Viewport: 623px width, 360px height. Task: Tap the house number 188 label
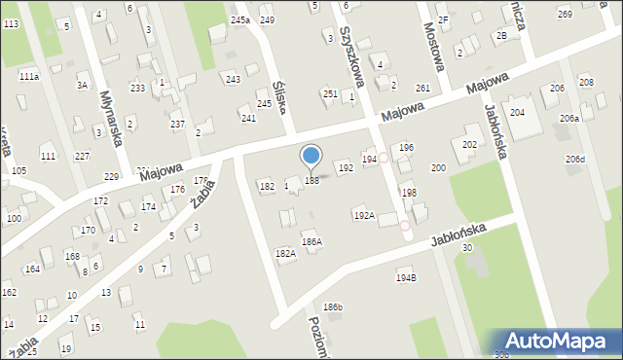(x=311, y=180)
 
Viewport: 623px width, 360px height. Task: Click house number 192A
(x=364, y=215)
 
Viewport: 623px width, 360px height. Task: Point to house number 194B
(x=406, y=278)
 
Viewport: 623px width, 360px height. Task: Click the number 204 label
(x=518, y=113)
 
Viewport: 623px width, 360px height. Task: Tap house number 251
(x=330, y=93)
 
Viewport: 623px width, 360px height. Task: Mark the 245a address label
(x=240, y=19)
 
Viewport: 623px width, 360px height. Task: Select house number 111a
(x=29, y=76)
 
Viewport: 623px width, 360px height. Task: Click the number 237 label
(x=177, y=124)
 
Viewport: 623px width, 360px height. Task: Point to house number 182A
(x=285, y=253)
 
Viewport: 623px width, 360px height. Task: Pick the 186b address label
(x=333, y=307)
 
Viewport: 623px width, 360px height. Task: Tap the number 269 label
(x=565, y=14)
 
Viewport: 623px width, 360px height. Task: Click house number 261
(x=422, y=89)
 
